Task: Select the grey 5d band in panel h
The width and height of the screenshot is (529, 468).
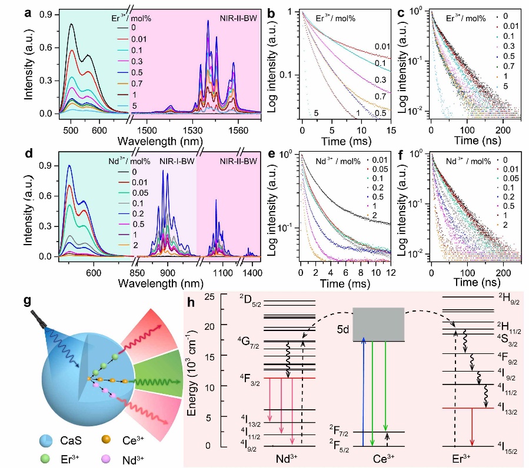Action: coord(377,324)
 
